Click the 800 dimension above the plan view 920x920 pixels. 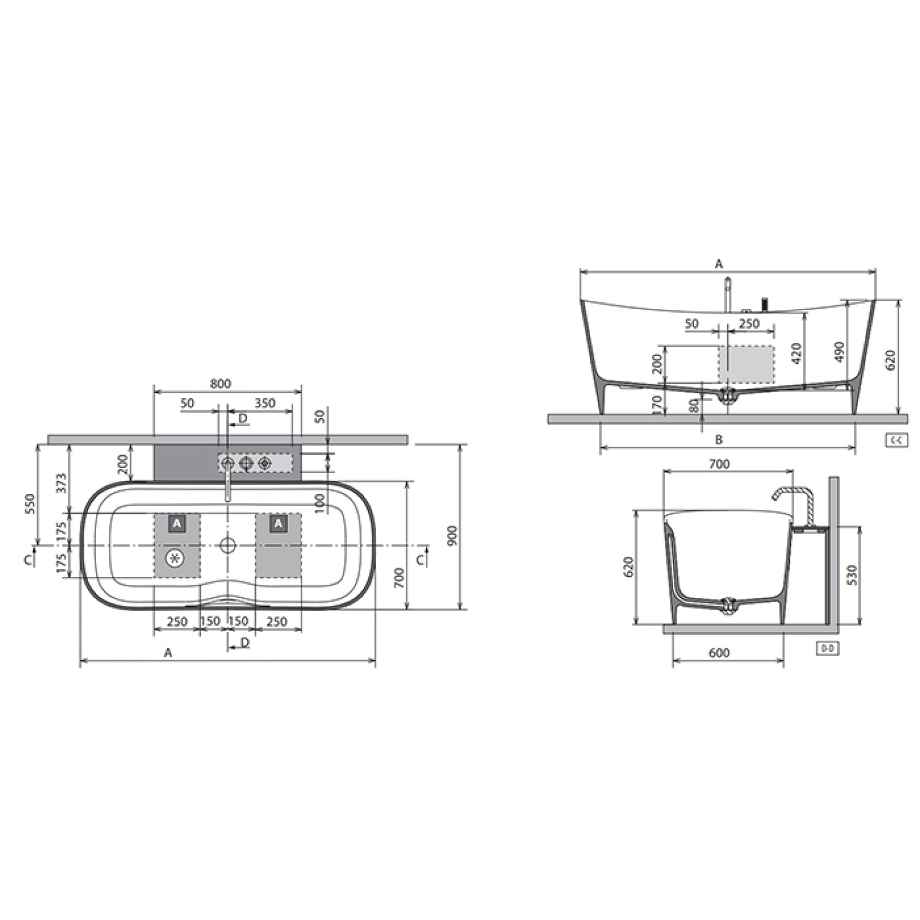click(x=221, y=384)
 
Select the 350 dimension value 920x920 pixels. click(x=264, y=404)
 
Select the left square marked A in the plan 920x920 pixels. click(x=176, y=524)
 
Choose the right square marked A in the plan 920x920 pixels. click(x=278, y=524)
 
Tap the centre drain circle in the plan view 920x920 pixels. click(x=227, y=545)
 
